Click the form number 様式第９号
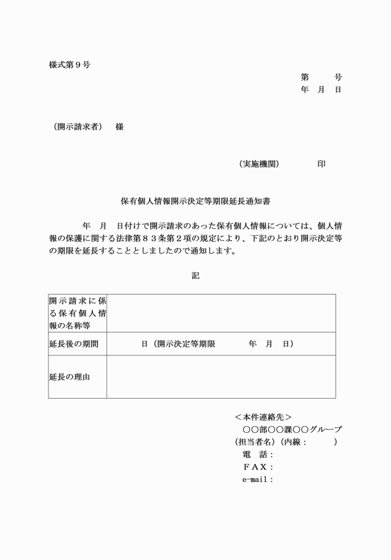tap(70, 64)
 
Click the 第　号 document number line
tap(321, 78)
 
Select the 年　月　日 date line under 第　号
tap(321, 90)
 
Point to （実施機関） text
tap(259, 164)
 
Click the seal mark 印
tap(321, 164)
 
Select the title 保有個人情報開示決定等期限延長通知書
tap(195, 202)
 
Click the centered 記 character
tap(195, 276)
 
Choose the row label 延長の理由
tap(70, 376)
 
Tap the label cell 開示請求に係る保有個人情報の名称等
tap(78, 313)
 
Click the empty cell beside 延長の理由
tap(221, 376)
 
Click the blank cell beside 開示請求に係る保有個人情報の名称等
tap(221, 313)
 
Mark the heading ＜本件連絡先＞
tap(264, 417)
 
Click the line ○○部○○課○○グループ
tap(292, 429)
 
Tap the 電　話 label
tap(254, 455)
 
